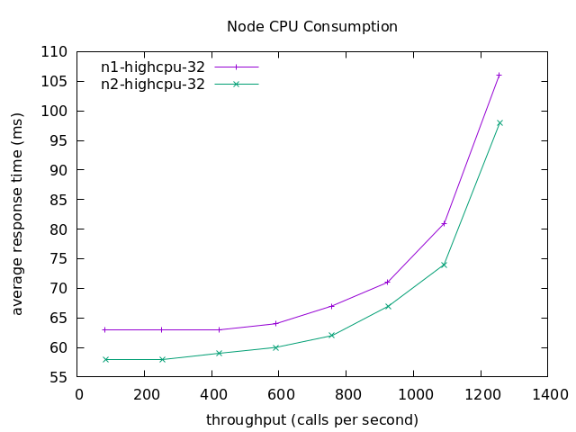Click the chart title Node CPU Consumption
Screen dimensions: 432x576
tap(311, 26)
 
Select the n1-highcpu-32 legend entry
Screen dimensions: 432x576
tap(153, 67)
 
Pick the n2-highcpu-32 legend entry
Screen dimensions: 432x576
tap(153, 85)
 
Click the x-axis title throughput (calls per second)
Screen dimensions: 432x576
tap(311, 419)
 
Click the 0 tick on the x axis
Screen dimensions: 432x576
tap(79, 394)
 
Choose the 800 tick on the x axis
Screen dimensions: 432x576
tap(346, 394)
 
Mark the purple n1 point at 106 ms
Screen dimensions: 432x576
tap(499, 75)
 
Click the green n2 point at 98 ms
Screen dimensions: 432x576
tap(499, 122)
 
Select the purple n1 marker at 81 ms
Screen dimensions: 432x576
tap(444, 223)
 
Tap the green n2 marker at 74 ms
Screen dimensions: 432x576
tap(444, 265)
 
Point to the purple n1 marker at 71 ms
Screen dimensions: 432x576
tap(388, 283)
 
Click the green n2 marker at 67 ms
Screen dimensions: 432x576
tap(388, 306)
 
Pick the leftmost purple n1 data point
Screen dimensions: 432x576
tap(105, 329)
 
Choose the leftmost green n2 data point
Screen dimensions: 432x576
tap(105, 359)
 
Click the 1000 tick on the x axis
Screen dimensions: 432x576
tap(413, 394)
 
